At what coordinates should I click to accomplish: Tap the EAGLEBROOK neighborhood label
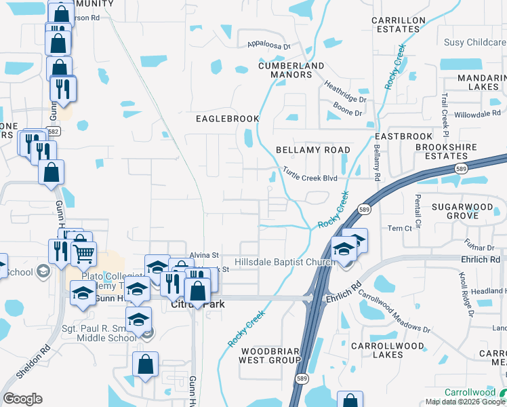[228, 119]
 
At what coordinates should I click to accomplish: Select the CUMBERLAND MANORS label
[291, 70]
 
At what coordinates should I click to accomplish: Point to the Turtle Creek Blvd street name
[310, 174]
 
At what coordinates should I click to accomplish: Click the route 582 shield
[54, 131]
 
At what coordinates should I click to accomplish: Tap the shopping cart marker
[84, 254]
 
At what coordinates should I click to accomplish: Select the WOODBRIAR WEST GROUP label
[269, 355]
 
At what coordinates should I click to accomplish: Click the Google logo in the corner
[22, 399]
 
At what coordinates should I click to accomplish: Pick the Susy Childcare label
[474, 42]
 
